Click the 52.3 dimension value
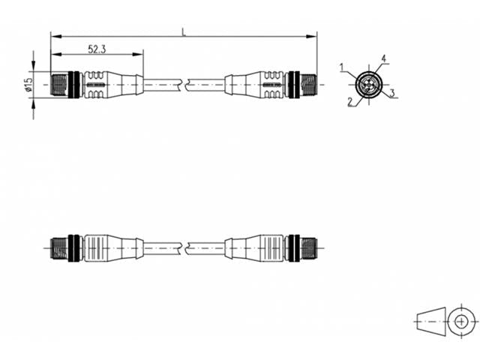(x=97, y=49)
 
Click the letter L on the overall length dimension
(x=184, y=32)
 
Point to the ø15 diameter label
(x=28, y=85)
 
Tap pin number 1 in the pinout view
(x=343, y=67)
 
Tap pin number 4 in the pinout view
(x=383, y=58)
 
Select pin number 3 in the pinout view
(x=392, y=92)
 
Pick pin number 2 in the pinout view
(x=350, y=102)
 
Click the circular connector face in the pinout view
(x=368, y=84)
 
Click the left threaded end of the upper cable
(x=59, y=85)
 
